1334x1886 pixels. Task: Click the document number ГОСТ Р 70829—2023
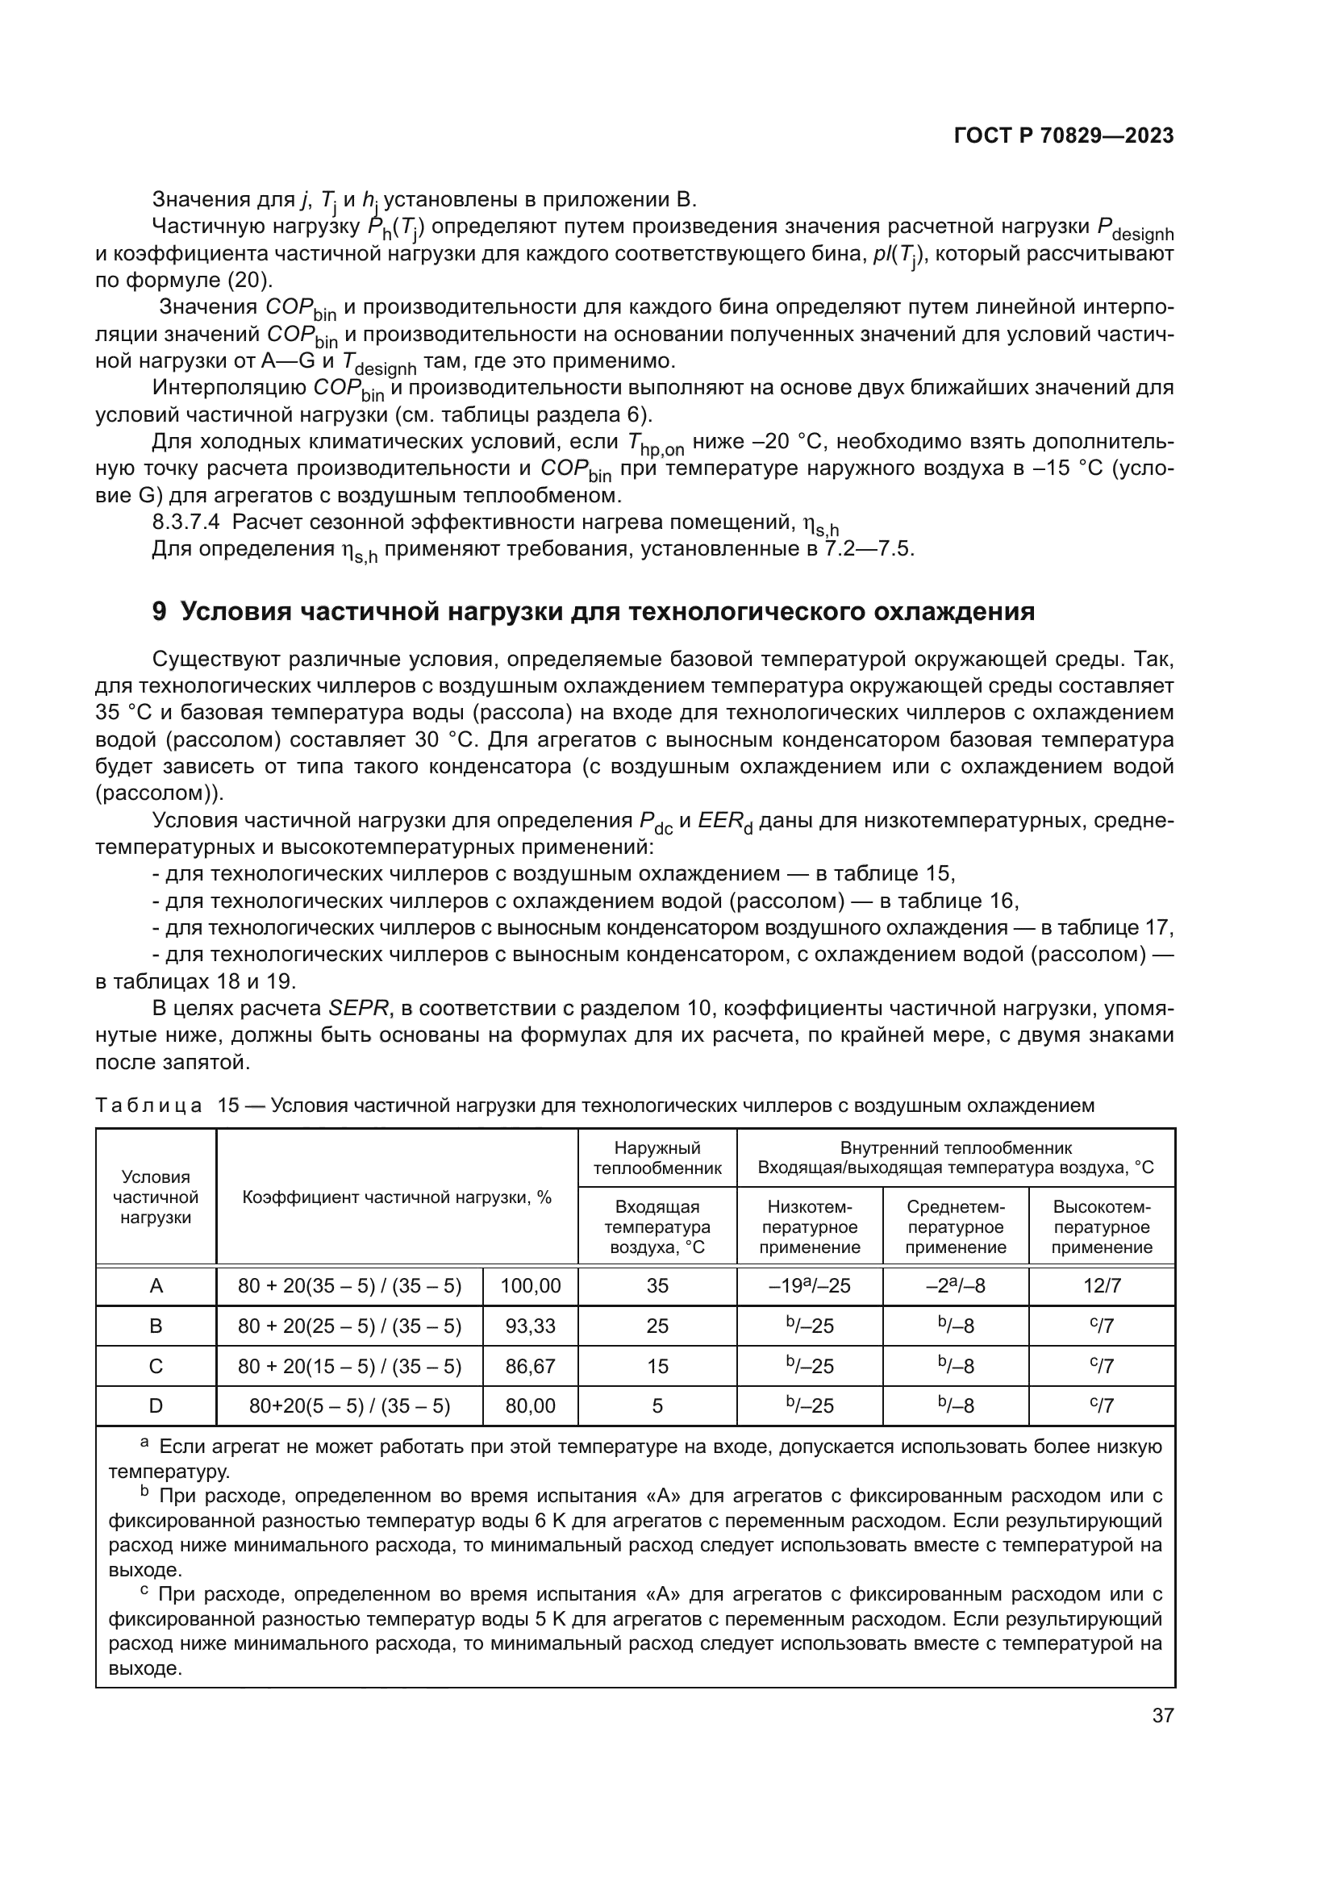coord(1063,136)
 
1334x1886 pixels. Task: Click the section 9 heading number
coord(160,612)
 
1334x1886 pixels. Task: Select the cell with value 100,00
coord(530,1286)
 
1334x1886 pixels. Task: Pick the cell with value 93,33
coord(530,1326)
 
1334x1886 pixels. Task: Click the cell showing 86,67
coord(530,1366)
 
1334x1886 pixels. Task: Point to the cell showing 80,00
coord(530,1405)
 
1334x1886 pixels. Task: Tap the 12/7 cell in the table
coord(1102,1286)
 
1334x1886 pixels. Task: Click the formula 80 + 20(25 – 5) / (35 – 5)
coord(349,1326)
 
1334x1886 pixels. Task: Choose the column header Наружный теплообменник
coord(657,1157)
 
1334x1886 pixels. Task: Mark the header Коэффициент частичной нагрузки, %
coord(397,1197)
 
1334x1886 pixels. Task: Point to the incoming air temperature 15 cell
coord(657,1366)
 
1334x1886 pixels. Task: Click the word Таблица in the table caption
coord(148,1105)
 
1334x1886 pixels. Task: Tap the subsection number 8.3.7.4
coord(186,523)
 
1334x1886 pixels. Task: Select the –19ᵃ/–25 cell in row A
coord(809,1286)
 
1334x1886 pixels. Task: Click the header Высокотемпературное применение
coord(1102,1227)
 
